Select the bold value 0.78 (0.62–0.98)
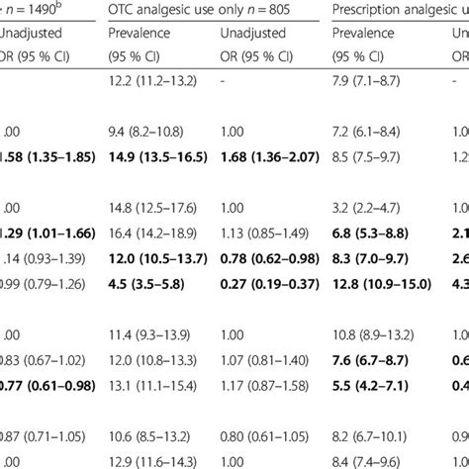[251, 258]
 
